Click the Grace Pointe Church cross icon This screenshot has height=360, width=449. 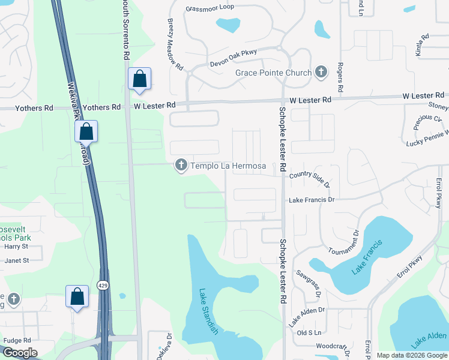click(x=321, y=73)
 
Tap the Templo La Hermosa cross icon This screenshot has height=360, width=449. click(x=181, y=165)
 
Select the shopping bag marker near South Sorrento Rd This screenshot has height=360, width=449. click(x=139, y=79)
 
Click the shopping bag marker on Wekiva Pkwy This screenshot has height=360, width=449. click(x=86, y=133)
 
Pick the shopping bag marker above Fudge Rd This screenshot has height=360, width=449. click(x=77, y=297)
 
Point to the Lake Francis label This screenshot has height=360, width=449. click(x=367, y=257)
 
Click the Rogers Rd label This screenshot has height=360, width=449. click(x=340, y=77)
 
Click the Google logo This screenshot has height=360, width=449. click(x=20, y=353)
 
